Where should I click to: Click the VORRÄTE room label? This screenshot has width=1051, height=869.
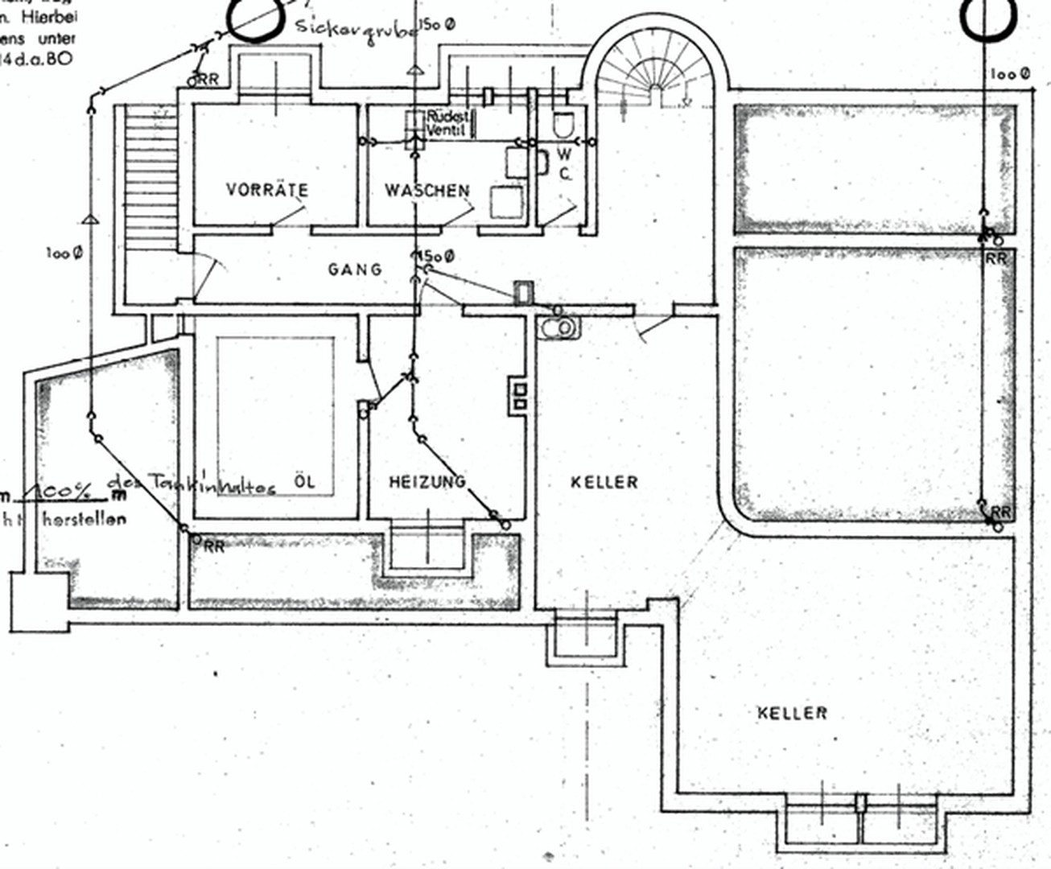pos(266,191)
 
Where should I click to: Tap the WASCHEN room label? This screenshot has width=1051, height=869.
pos(427,191)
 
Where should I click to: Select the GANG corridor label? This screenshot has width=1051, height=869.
pos(355,269)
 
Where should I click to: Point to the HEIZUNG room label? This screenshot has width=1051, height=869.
pos(427,482)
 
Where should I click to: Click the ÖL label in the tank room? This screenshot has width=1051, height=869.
pos(305,482)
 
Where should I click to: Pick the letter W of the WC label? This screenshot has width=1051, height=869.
pos(565,154)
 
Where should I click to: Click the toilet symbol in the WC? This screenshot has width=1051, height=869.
pos(563,123)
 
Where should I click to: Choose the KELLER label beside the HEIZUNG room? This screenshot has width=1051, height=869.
pos(604,482)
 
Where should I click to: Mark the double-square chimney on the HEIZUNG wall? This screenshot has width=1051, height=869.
pos(520,396)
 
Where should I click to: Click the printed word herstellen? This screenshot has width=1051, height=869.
pos(84,519)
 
